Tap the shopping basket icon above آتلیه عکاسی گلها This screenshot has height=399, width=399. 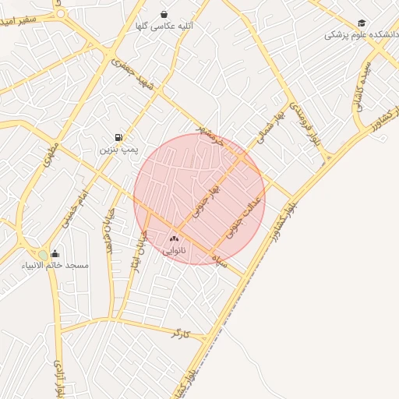click(164, 14)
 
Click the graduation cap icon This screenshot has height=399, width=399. click(362, 23)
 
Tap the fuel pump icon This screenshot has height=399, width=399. click(118, 137)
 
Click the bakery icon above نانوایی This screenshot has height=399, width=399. click(174, 238)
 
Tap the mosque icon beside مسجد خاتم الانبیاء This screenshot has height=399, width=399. click(55, 253)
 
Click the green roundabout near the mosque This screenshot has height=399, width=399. click(43, 255)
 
